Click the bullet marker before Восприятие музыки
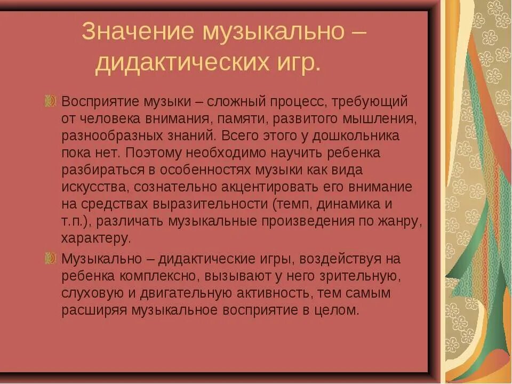[51, 101]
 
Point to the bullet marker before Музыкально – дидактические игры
[51, 259]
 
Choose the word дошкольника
[355, 135]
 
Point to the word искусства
[95, 187]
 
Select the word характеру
[95, 238]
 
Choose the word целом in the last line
[337, 310]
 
